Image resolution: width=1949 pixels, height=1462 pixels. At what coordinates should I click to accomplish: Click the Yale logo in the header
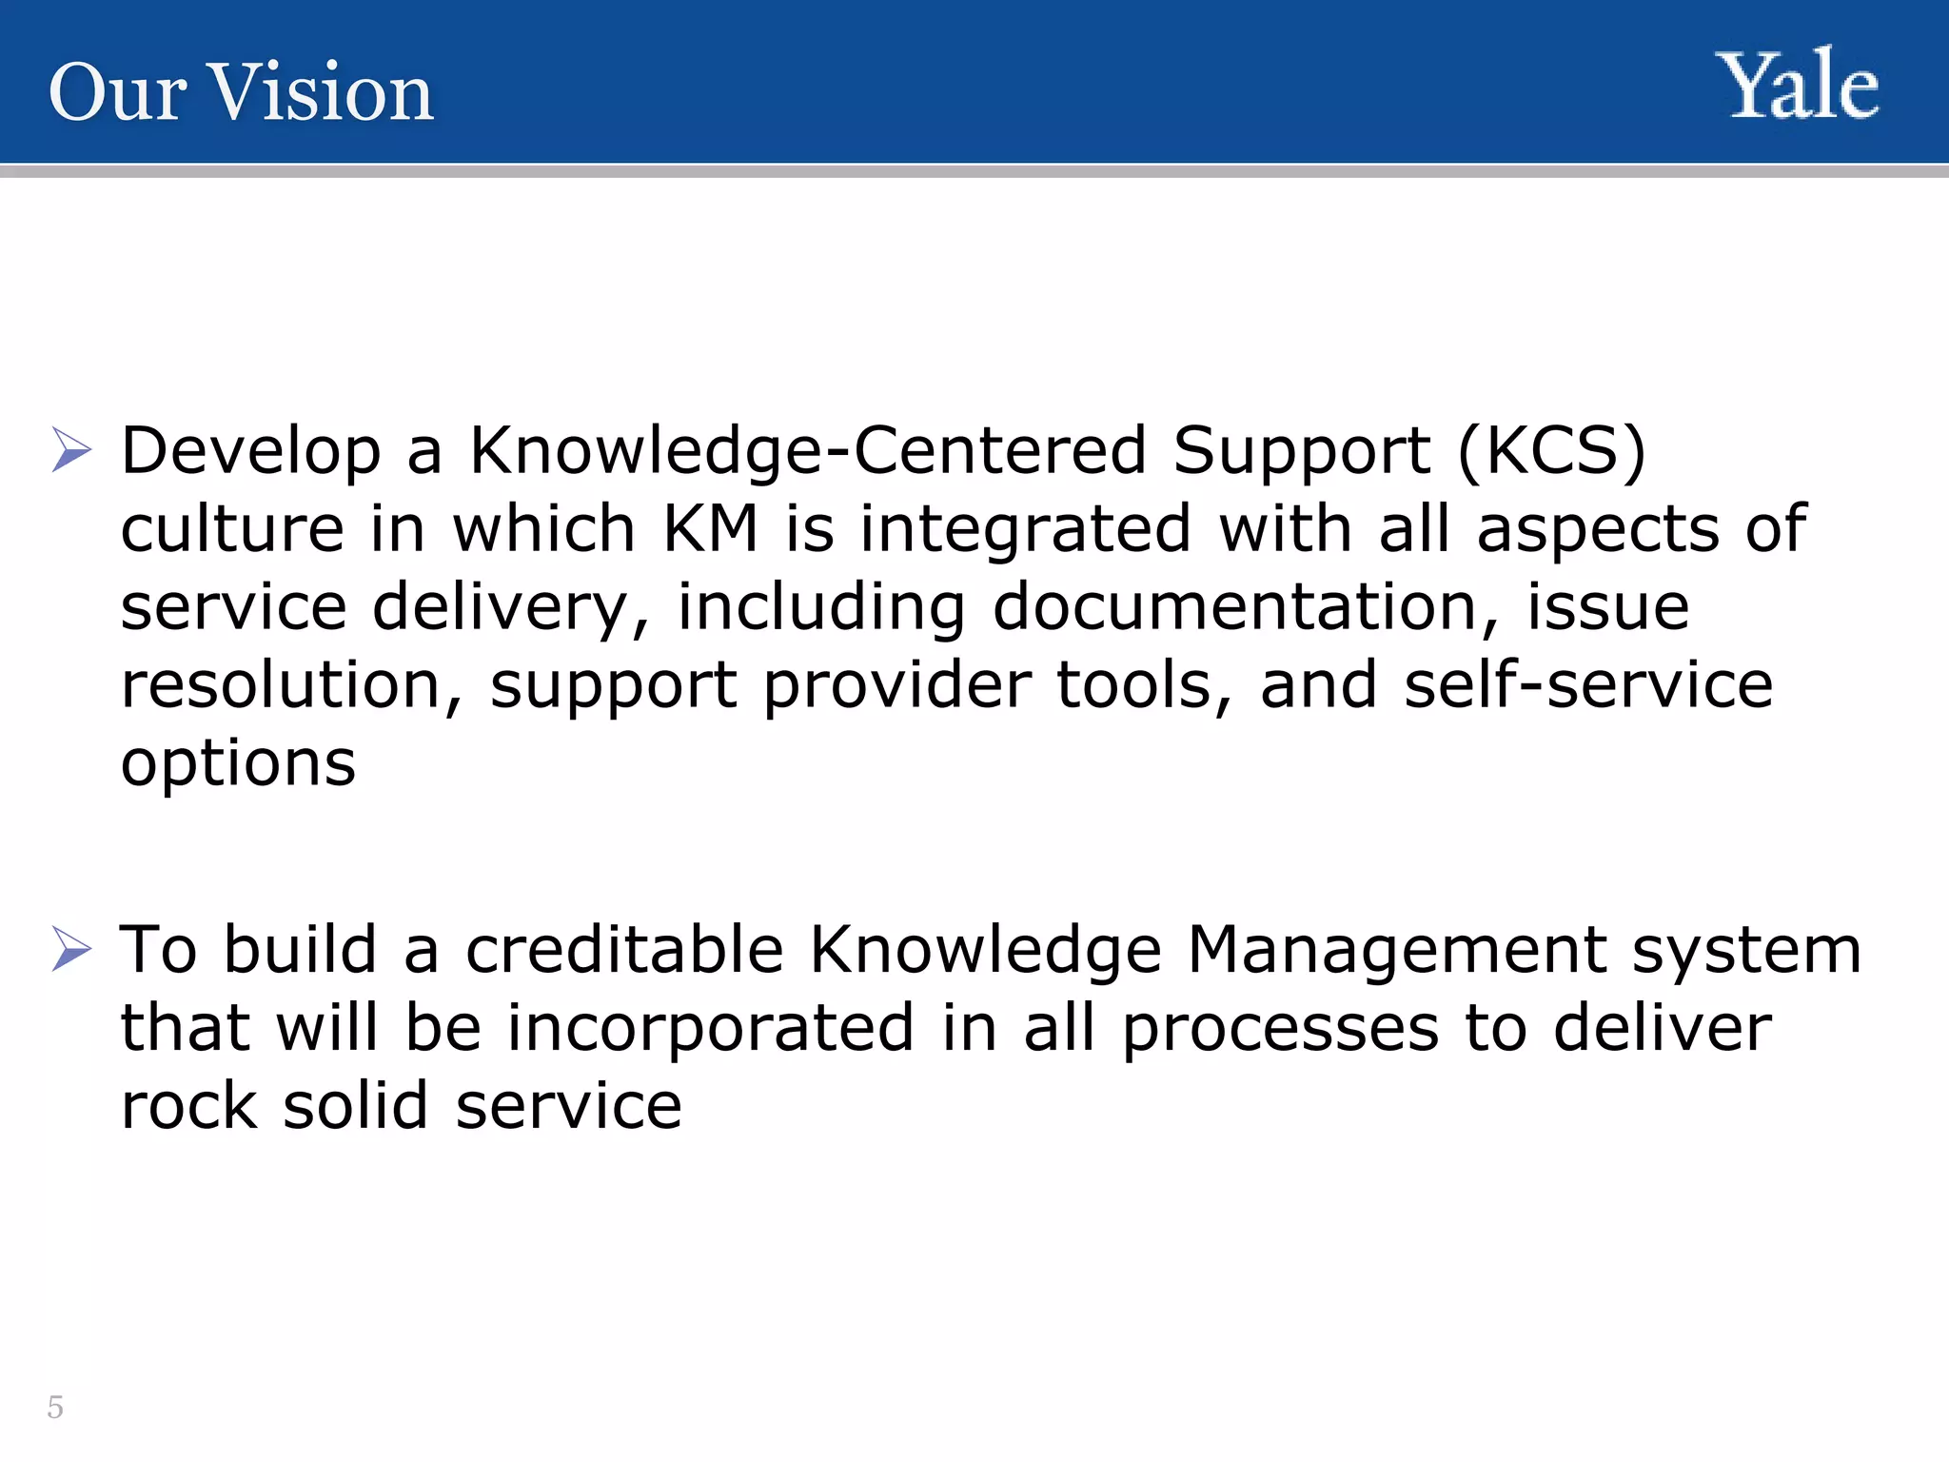pyautogui.click(x=1797, y=87)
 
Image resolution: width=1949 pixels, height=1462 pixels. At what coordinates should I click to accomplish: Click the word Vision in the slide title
pyautogui.click(x=322, y=92)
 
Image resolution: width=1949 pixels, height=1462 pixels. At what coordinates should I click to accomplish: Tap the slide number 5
pyautogui.click(x=55, y=1407)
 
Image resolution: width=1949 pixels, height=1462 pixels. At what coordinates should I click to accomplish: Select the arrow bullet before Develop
pyautogui.click(x=71, y=449)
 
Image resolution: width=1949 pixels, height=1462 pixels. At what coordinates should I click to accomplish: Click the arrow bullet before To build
pyautogui.click(x=71, y=949)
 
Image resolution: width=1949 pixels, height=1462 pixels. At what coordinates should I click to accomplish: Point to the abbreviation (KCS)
pyautogui.click(x=1551, y=450)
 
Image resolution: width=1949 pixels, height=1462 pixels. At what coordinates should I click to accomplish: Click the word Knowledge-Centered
pyautogui.click(x=808, y=450)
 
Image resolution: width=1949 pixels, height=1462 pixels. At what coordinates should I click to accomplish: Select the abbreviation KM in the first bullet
pyautogui.click(x=710, y=528)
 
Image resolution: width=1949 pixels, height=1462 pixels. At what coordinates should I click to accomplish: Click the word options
pyautogui.click(x=238, y=763)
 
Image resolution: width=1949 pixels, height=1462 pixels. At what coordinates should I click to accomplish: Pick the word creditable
pyautogui.click(x=624, y=949)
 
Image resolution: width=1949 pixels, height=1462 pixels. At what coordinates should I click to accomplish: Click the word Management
pyautogui.click(x=1397, y=951)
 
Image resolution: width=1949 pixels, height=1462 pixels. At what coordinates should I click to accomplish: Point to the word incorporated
pyautogui.click(x=710, y=1029)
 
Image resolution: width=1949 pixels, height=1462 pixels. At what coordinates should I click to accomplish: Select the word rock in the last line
pyautogui.click(x=188, y=1106)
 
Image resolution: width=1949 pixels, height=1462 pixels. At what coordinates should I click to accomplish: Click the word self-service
pyautogui.click(x=1588, y=684)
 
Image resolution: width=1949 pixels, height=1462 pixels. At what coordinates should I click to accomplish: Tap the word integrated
pyautogui.click(x=1025, y=528)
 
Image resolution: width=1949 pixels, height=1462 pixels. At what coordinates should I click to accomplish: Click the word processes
pyautogui.click(x=1281, y=1029)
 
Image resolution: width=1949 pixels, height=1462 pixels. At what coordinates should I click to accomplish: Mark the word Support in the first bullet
pyautogui.click(x=1301, y=450)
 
